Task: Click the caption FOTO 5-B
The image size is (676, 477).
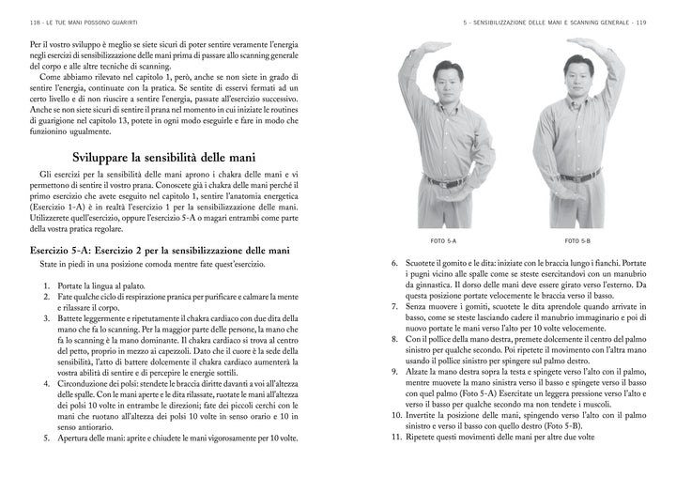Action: click(580, 241)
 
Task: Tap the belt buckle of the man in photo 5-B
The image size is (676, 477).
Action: click(579, 179)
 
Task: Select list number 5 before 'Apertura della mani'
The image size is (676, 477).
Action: click(48, 438)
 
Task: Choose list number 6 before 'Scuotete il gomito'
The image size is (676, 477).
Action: click(395, 264)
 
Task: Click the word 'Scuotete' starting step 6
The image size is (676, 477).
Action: click(422, 264)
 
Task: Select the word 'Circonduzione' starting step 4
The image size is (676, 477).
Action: click(85, 384)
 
